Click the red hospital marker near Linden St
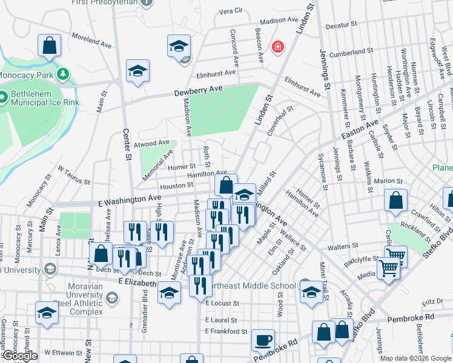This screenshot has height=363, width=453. [x=278, y=47]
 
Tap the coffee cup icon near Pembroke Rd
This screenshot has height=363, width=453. [x=263, y=341]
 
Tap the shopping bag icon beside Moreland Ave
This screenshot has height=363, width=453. [x=49, y=45]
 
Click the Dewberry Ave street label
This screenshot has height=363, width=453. [x=199, y=90]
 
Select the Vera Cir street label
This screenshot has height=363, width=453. [x=230, y=11]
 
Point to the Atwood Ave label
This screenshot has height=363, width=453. [x=152, y=143]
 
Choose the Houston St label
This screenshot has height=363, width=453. [x=177, y=186]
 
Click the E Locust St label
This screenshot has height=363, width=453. [x=222, y=302]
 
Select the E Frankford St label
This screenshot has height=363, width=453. [x=226, y=331]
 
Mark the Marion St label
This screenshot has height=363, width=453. [x=388, y=181]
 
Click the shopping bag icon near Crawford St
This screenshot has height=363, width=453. [x=395, y=201]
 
